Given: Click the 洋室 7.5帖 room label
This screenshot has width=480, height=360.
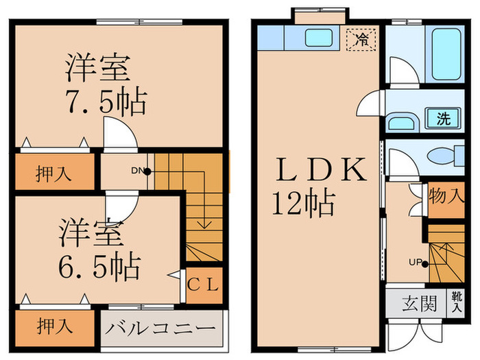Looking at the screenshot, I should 105,85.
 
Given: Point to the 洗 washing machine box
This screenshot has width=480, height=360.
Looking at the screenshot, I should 444,118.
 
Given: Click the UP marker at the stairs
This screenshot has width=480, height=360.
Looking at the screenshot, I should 416,261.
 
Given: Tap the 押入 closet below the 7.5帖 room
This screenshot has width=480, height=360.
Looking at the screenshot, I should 53,173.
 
